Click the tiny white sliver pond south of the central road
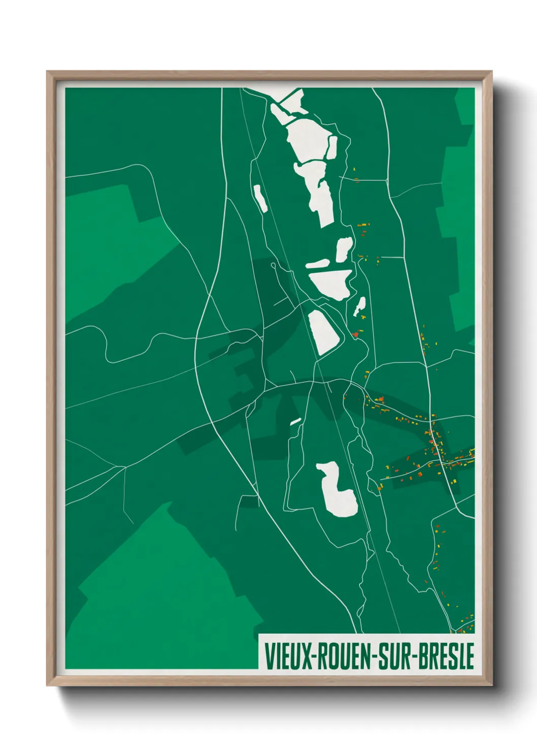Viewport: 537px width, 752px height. (x=295, y=421)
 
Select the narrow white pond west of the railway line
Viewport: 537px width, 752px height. (x=260, y=198)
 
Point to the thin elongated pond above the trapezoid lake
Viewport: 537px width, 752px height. (x=317, y=264)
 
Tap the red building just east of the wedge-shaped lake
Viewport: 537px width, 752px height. (x=355, y=334)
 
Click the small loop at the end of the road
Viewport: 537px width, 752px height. (x=274, y=265)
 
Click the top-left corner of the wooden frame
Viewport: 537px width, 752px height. (x=48, y=72)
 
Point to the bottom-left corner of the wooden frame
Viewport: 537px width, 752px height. (x=48, y=685)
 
